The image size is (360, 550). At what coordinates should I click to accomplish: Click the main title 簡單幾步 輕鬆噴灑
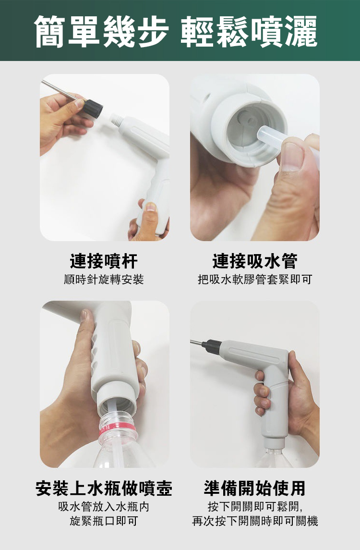point(176,31)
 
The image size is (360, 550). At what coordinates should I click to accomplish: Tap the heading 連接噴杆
point(104,261)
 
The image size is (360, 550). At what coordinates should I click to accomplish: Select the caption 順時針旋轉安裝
point(104,280)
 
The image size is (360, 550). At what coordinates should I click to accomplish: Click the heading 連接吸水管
point(255,261)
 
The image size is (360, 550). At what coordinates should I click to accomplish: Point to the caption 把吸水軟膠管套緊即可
point(255,280)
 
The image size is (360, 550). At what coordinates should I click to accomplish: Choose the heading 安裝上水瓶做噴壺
point(104,488)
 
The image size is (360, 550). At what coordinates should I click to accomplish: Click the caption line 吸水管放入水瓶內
point(104,506)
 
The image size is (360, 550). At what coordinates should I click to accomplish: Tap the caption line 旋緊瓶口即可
point(104,521)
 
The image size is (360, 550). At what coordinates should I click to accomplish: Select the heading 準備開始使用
point(255,488)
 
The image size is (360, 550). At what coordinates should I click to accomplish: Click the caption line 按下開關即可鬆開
point(255,506)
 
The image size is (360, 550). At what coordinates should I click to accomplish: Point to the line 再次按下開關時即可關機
point(255,521)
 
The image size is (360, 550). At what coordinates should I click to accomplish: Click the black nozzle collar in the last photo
point(211,346)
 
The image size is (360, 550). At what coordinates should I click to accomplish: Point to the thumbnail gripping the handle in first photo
point(150,207)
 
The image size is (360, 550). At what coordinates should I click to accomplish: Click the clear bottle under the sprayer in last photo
point(274,457)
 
